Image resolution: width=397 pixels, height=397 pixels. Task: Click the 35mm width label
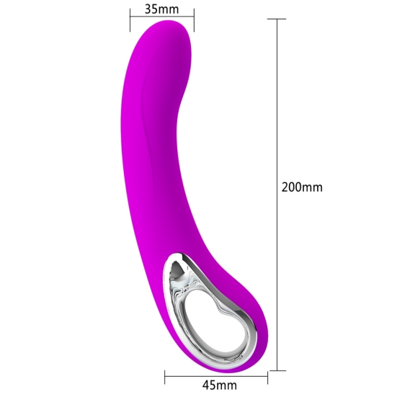[162, 9]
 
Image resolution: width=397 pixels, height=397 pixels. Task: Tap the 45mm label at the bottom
[220, 385]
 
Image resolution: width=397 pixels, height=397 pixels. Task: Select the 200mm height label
[302, 187]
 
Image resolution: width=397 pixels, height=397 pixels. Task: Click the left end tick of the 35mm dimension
[130, 20]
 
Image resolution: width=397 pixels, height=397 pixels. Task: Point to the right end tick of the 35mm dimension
[194, 20]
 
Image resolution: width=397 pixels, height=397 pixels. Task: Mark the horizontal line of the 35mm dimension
[162, 17]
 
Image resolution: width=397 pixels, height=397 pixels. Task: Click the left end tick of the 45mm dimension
[165, 377]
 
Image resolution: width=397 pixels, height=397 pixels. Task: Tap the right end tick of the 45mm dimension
[267, 377]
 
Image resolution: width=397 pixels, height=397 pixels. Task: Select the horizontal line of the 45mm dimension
[216, 377]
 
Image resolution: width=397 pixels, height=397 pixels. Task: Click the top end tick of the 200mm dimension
[277, 19]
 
